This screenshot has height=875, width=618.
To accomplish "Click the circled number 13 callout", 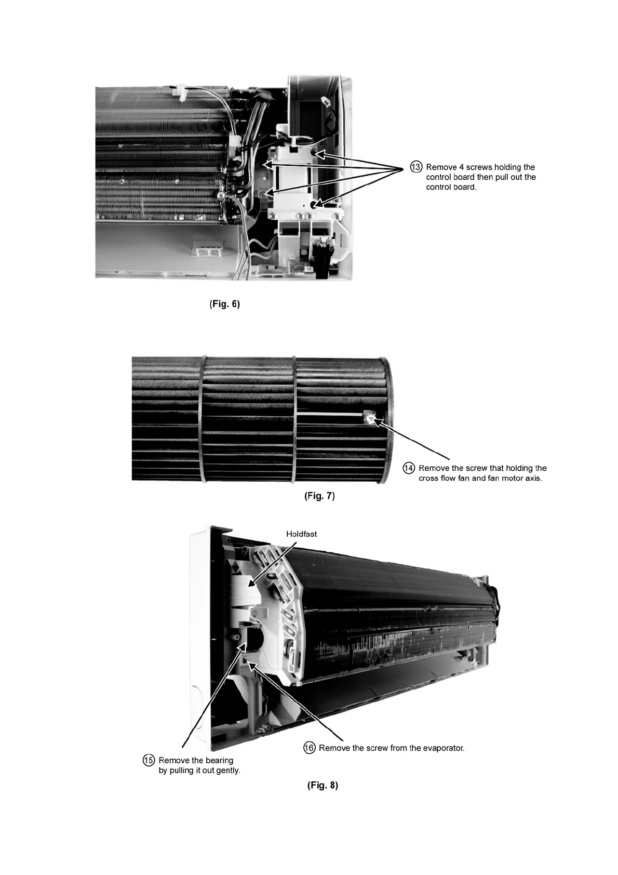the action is [417, 167].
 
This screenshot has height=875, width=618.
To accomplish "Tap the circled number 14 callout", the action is [409, 468].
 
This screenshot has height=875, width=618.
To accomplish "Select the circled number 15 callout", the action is [149, 760].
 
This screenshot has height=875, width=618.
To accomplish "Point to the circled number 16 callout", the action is [310, 748].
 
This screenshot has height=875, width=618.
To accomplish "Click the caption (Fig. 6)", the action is [225, 304].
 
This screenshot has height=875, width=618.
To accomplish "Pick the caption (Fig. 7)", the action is [319, 496].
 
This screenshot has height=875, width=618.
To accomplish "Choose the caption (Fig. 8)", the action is [323, 785].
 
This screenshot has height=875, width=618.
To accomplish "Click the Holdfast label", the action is [301, 534].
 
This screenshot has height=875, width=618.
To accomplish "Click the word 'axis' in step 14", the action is [532, 478].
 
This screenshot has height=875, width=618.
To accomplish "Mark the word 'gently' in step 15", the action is [226, 771].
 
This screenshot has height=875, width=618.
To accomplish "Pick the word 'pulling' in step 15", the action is [182, 771].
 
